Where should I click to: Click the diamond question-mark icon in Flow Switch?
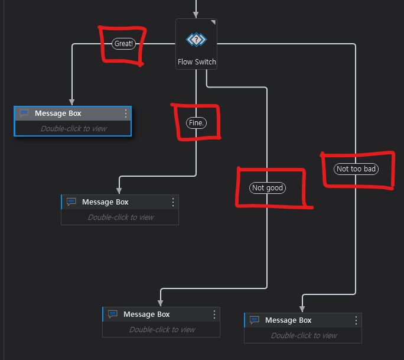click(x=196, y=40)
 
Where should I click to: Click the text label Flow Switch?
click(x=197, y=62)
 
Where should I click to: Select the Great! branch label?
click(x=123, y=44)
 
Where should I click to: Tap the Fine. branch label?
click(x=196, y=123)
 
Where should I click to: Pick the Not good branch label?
click(x=268, y=188)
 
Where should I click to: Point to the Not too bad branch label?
click(x=356, y=169)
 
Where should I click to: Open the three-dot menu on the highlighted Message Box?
click(x=126, y=113)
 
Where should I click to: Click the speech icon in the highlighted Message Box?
click(x=24, y=113)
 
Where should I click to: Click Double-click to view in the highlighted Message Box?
click(x=73, y=128)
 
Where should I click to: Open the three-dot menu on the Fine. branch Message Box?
click(x=173, y=202)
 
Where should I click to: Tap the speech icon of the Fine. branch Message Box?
click(x=71, y=202)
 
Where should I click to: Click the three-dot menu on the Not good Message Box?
click(x=214, y=314)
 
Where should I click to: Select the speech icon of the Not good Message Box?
click(x=113, y=314)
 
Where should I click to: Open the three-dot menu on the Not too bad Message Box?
click(x=356, y=320)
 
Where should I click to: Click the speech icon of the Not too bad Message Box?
click(x=255, y=320)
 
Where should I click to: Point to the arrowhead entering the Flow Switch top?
click(x=196, y=15)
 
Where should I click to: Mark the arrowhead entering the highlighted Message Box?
click(x=72, y=102)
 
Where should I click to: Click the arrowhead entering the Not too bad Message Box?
click(x=302, y=309)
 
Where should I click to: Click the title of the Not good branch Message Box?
click(x=146, y=314)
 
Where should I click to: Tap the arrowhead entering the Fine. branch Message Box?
click(x=119, y=190)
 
